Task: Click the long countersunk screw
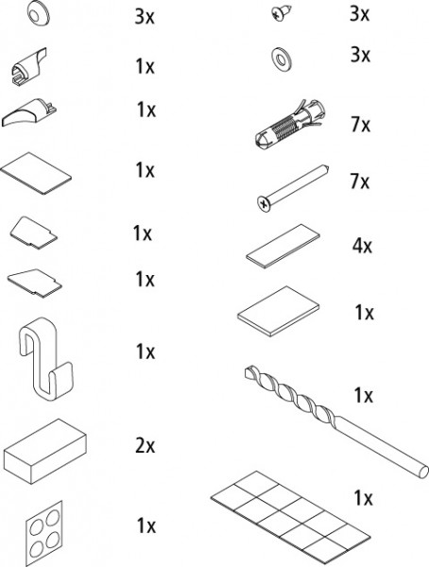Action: click(x=292, y=188)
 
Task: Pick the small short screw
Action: click(x=281, y=12)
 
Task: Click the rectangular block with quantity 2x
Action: click(x=44, y=451)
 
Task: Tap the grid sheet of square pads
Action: click(x=290, y=519)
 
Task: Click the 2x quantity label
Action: click(x=146, y=445)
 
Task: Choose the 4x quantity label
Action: click(x=362, y=246)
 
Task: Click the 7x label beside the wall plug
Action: click(x=361, y=125)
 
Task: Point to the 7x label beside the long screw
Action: click(x=360, y=181)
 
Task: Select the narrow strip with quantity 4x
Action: click(x=283, y=246)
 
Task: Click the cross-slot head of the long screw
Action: click(x=265, y=204)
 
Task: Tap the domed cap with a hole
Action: click(x=38, y=13)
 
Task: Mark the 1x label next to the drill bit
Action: click(x=364, y=395)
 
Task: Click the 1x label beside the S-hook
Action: click(x=146, y=352)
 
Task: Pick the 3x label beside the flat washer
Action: click(x=360, y=55)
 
